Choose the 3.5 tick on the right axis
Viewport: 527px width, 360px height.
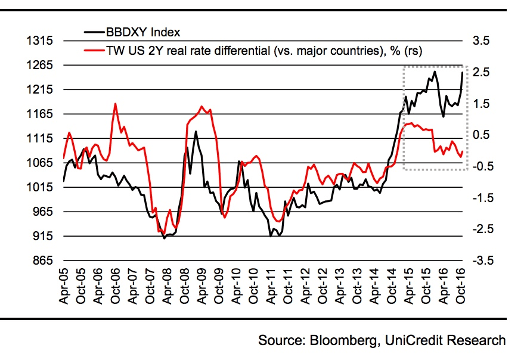point(480,41)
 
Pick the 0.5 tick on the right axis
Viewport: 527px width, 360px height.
point(480,135)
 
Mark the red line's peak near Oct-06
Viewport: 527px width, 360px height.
point(114,104)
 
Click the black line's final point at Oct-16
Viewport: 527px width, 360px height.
point(463,72)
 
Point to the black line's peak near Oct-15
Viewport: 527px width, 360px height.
point(435,72)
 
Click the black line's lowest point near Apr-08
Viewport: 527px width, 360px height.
point(164,238)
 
